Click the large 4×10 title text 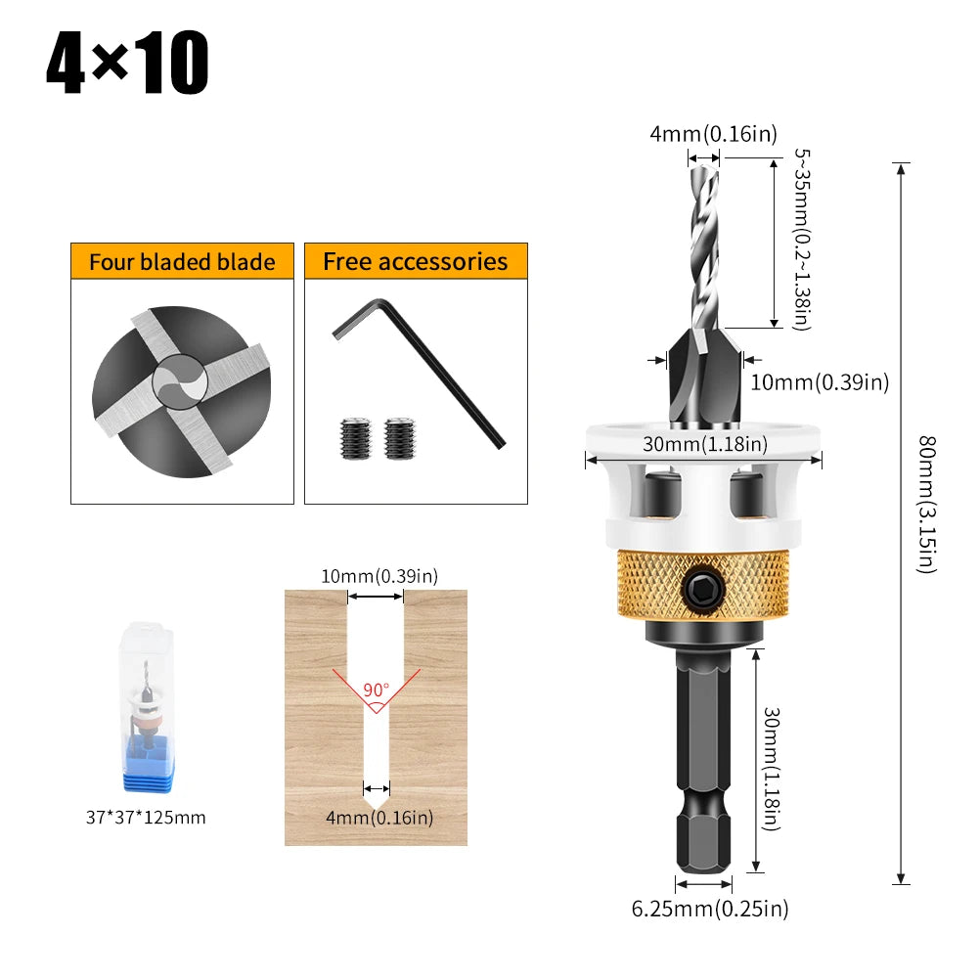click(127, 63)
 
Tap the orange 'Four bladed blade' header click(182, 261)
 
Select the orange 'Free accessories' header click(416, 261)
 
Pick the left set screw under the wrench click(355, 438)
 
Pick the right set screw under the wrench click(400, 438)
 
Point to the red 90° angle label click(376, 690)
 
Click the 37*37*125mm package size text click(146, 818)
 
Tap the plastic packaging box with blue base click(148, 707)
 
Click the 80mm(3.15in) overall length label click(928, 505)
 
